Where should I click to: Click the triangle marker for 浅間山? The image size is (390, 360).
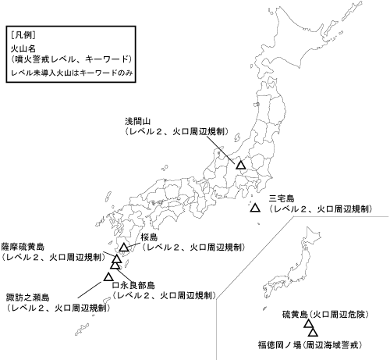241,166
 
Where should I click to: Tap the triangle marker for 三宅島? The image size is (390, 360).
255,209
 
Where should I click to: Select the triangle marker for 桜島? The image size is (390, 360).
124,248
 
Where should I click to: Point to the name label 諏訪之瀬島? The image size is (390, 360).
27,298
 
